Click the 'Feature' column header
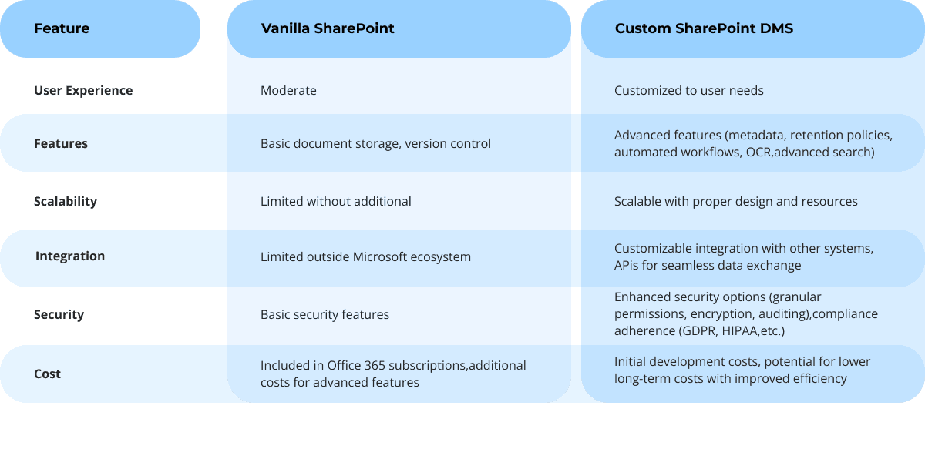(62, 28)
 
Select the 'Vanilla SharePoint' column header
(328, 28)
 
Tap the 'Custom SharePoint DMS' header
(704, 28)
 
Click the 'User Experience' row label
(83, 90)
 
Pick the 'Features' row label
(61, 143)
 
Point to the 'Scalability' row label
(66, 201)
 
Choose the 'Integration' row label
(70, 256)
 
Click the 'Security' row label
(59, 314)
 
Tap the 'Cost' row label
(48, 374)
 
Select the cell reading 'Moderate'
(288, 90)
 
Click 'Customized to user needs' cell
(688, 90)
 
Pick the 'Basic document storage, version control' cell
(375, 143)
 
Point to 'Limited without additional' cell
(335, 201)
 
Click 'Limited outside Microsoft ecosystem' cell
(365, 256)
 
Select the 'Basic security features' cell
(325, 314)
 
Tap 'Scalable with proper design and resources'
(735, 201)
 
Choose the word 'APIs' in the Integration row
(627, 265)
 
